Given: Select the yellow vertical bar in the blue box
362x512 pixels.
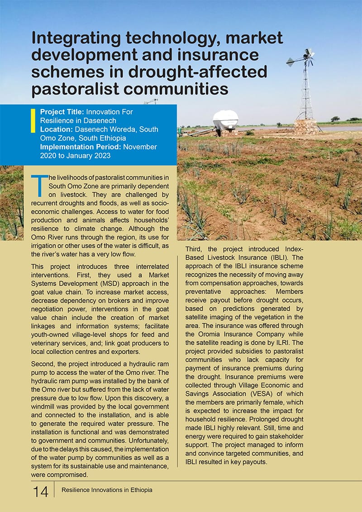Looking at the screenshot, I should [33, 120].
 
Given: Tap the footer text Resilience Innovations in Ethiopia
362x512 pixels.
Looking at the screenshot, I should [107, 490].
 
